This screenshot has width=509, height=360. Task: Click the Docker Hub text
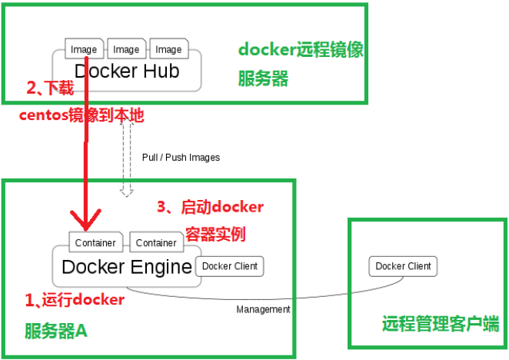[x=126, y=72]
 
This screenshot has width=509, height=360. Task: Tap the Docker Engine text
[x=126, y=267]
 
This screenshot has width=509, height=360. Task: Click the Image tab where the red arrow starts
[x=84, y=49]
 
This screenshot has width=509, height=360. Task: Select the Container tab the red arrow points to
[x=95, y=242]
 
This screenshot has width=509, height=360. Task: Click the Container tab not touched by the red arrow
[x=156, y=242]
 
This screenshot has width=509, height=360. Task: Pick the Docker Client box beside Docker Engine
[x=230, y=266]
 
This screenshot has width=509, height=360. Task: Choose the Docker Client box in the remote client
[x=404, y=266]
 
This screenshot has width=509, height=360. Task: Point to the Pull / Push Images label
[x=181, y=158]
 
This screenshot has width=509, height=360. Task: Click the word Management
[x=263, y=309]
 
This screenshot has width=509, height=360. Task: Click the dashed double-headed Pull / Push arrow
[x=128, y=158]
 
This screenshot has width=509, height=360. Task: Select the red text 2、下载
[x=51, y=88]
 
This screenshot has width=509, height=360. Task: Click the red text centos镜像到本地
[x=82, y=115]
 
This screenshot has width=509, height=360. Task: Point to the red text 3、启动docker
[x=210, y=207]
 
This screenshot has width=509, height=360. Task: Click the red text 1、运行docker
[x=74, y=300]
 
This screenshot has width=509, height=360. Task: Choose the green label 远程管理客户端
[x=440, y=323]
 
